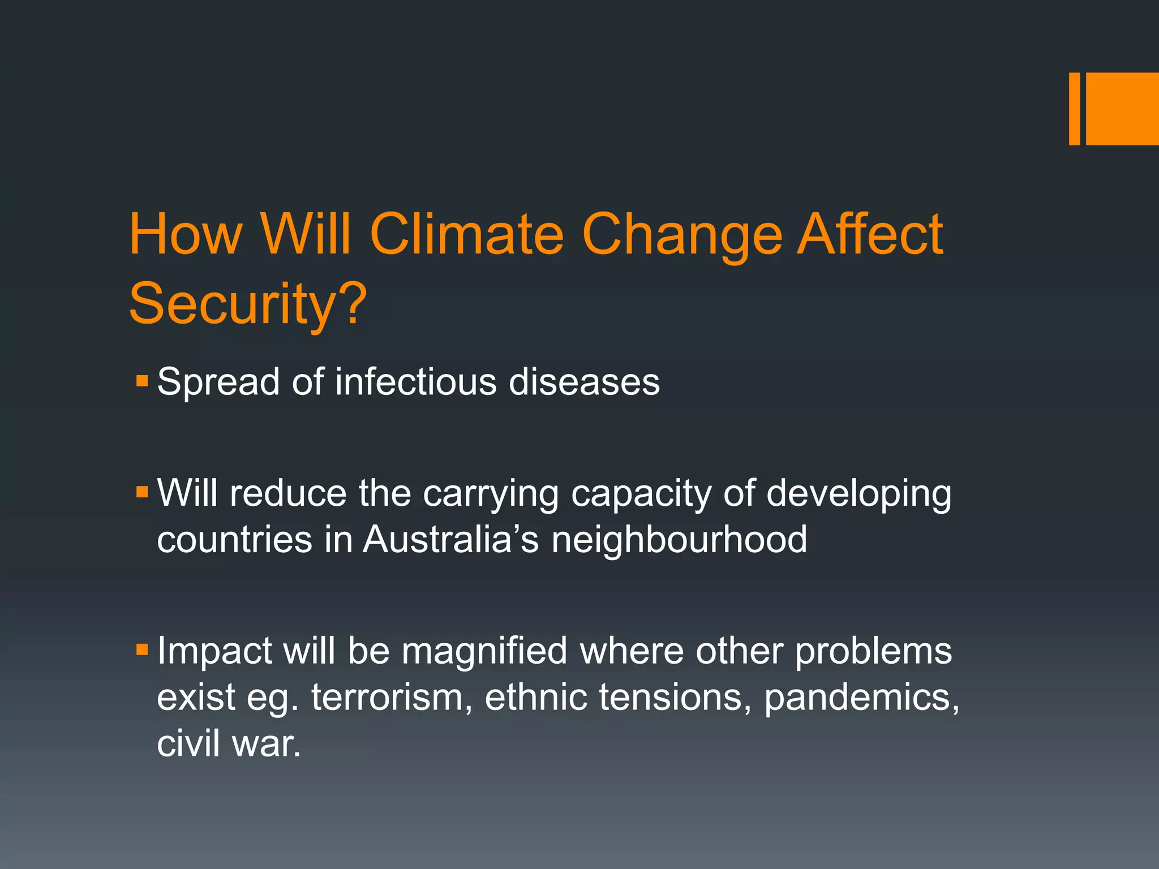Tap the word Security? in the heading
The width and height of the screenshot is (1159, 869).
248,304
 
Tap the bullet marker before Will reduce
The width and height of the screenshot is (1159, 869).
142,491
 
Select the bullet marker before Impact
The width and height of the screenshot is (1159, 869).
142,648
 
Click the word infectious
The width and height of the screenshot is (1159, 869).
416,382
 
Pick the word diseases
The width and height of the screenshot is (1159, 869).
584,382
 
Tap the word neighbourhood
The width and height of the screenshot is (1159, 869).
679,539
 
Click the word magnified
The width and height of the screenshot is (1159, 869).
484,651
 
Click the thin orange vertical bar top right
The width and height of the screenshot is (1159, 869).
1074,109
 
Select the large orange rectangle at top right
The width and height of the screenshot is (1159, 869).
1122,109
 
